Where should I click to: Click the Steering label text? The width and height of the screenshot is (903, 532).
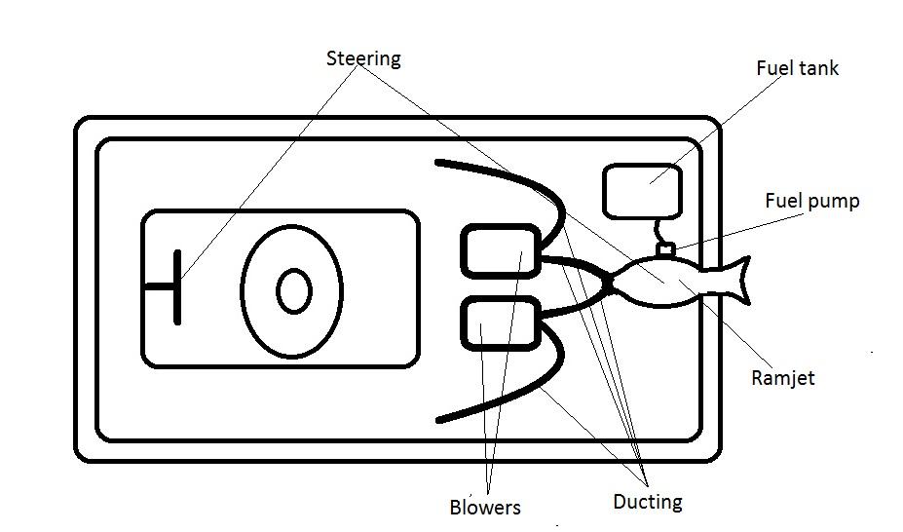(362, 59)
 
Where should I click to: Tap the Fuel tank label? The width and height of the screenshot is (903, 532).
(797, 68)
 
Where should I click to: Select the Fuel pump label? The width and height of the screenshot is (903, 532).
(811, 202)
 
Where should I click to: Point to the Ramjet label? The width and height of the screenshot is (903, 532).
(782, 377)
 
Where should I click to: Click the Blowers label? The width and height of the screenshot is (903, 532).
(485, 508)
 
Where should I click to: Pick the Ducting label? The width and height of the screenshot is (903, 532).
(647, 503)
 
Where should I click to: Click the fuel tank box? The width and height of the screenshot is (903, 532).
(641, 191)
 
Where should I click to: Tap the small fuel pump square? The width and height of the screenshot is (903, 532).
(666, 250)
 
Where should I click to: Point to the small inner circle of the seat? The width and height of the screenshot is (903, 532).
(293, 291)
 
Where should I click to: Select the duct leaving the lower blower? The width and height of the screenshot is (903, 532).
(575, 306)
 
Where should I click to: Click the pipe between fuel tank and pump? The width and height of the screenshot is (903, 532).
(657, 232)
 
